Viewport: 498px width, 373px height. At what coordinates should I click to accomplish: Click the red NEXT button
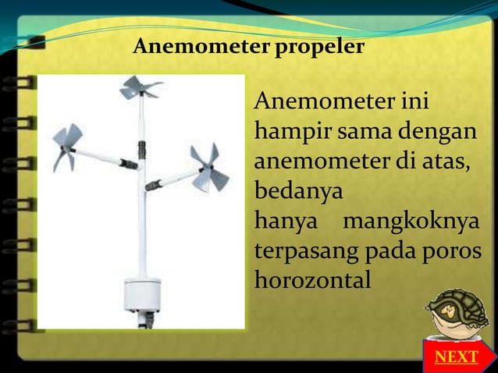pos(456,357)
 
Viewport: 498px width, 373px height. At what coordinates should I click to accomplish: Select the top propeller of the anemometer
pos(141,87)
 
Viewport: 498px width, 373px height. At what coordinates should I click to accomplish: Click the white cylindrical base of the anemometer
pos(143,295)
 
